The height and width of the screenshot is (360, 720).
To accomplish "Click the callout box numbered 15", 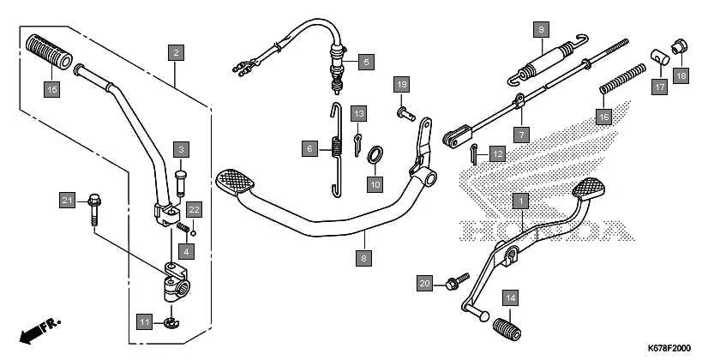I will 52,88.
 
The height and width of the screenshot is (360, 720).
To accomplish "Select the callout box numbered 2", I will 176,53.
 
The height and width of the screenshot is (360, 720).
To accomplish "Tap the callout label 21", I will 67,200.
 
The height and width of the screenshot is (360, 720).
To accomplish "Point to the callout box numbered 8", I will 364,256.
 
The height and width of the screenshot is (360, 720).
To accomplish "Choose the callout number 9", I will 540,29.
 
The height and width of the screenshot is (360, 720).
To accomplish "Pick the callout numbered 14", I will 510,297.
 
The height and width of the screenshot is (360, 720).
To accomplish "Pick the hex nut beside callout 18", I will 679,44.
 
